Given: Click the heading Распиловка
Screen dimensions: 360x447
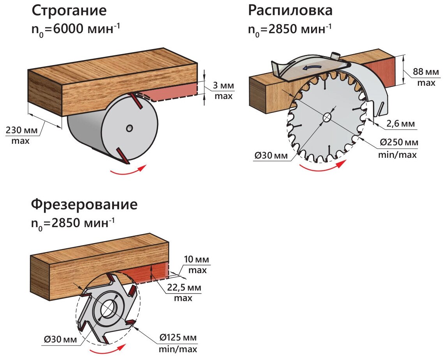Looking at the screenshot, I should [290, 11].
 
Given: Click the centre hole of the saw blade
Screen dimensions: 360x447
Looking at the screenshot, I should [327, 116].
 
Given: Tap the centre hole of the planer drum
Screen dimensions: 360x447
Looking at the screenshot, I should [129, 128].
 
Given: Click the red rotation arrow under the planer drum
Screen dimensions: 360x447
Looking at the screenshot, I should [128, 170].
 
